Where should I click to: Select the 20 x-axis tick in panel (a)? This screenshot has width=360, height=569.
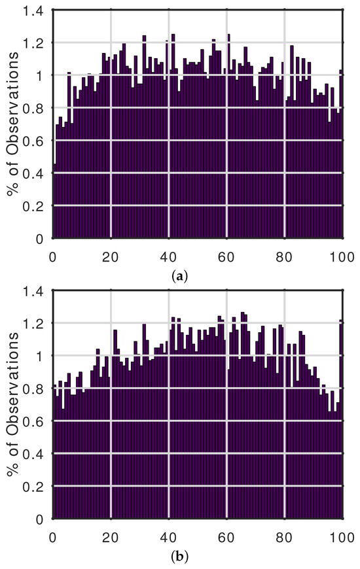click(x=111, y=254)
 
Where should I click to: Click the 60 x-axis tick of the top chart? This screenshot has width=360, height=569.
click(x=226, y=254)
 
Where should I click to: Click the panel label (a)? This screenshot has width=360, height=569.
click(x=179, y=276)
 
